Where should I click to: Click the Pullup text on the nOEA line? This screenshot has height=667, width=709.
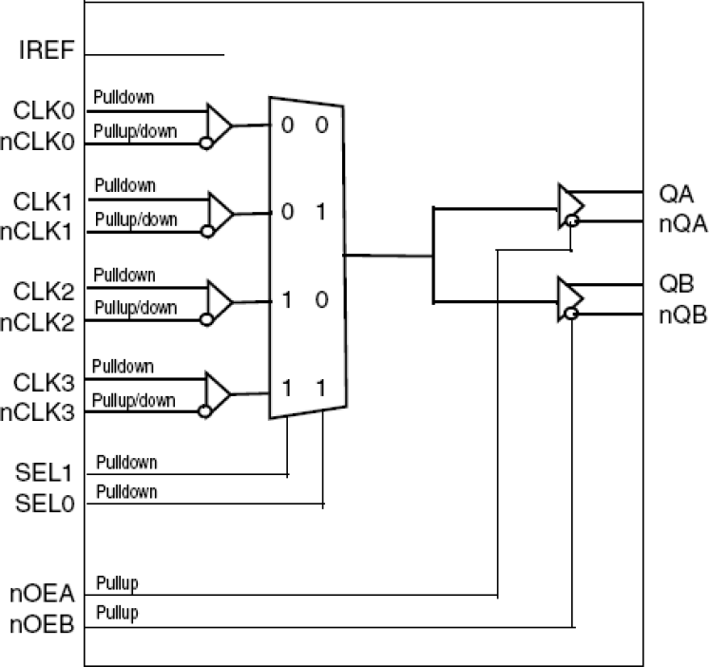pos(117,582)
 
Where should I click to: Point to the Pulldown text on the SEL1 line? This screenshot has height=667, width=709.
pos(125,462)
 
